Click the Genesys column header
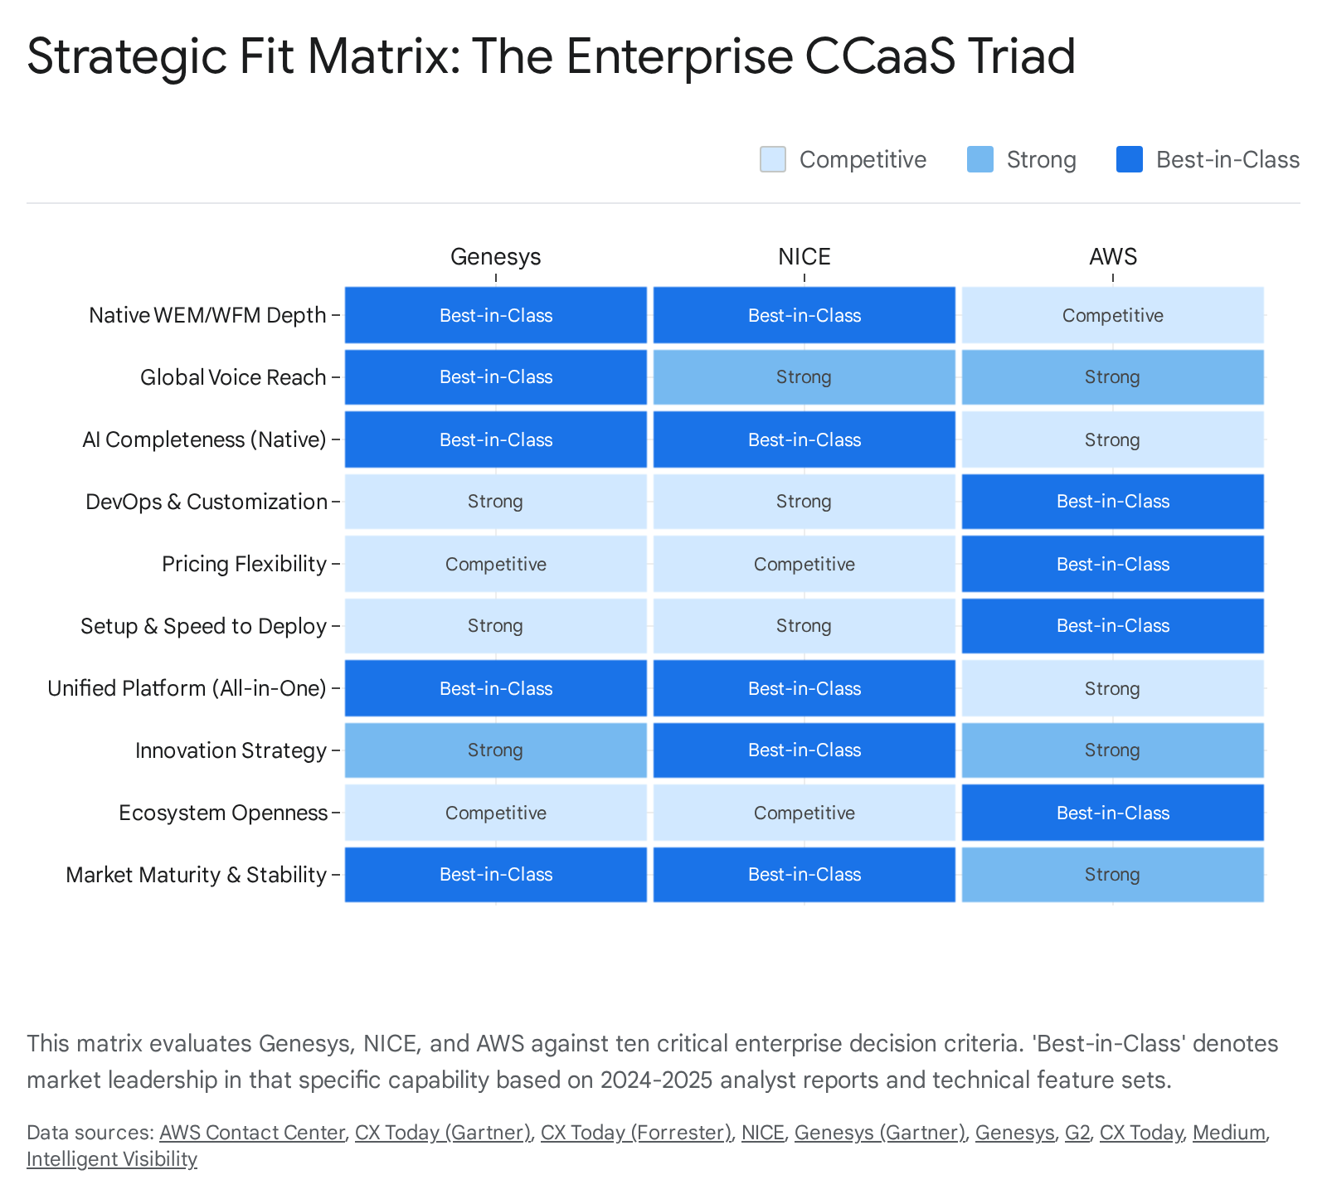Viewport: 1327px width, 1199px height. pos(495,257)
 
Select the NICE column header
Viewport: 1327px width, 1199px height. pos(804,257)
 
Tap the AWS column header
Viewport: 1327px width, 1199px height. pos(1112,257)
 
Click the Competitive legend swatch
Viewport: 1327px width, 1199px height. pos(772,159)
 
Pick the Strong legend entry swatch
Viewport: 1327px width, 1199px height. pos(979,159)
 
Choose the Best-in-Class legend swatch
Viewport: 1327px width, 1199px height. pos(1129,159)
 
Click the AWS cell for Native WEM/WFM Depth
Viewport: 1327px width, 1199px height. pos(1112,315)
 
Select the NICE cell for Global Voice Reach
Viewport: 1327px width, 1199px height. pos(804,377)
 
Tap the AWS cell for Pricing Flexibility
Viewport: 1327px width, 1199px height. pos(1112,564)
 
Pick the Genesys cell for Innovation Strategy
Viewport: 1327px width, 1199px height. pos(495,750)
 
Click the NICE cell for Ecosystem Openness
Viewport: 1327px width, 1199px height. pos(804,813)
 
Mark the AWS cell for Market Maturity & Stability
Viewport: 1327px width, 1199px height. pos(1112,875)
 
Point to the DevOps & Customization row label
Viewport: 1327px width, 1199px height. pos(206,502)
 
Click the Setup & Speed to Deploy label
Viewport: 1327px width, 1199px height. pos(203,626)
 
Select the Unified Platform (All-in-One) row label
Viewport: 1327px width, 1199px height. pos(187,688)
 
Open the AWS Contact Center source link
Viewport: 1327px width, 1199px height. pos(251,1133)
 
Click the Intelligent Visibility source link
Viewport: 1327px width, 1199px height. pos(112,1159)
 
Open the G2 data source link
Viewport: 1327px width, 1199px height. pos(1077,1133)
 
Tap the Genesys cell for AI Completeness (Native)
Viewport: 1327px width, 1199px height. pos(495,439)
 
